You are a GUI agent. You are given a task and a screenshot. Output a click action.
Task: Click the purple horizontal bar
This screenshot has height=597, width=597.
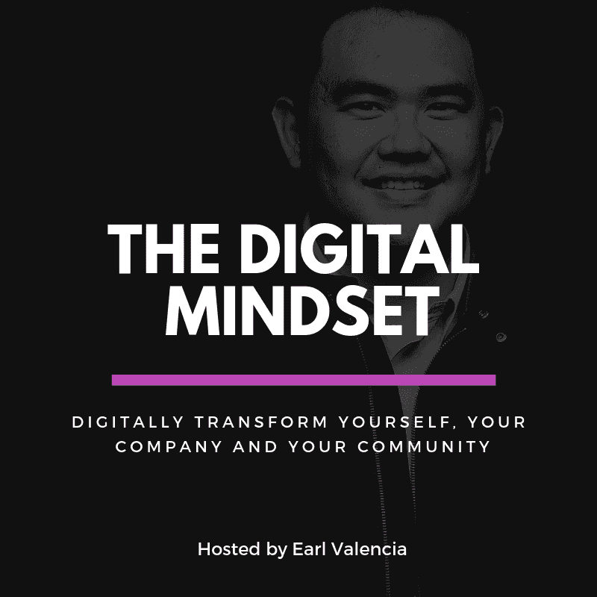coord(303,380)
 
